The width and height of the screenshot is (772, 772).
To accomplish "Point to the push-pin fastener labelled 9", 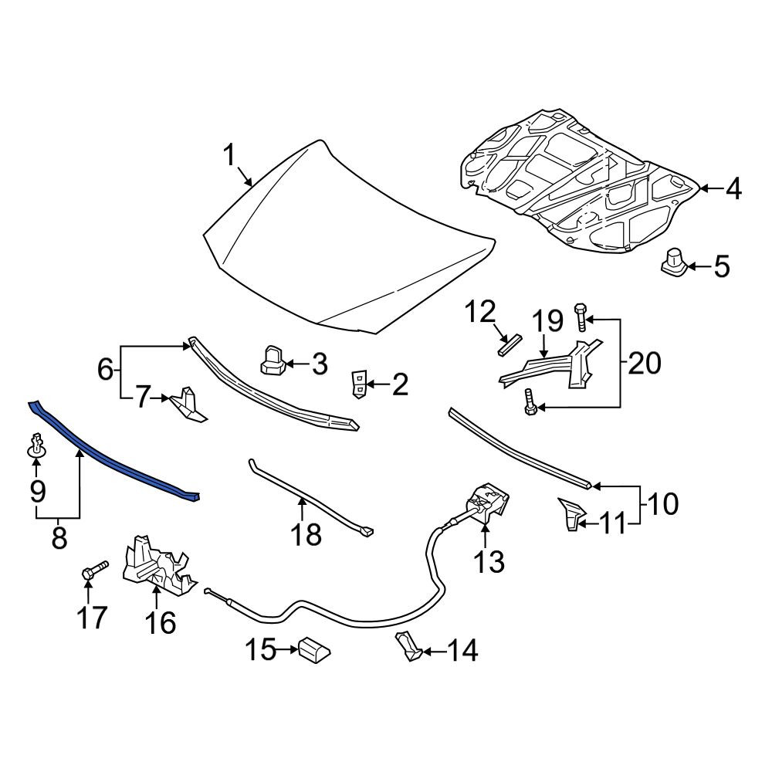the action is point(37,445).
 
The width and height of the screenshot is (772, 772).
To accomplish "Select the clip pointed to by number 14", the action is point(408,645).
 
